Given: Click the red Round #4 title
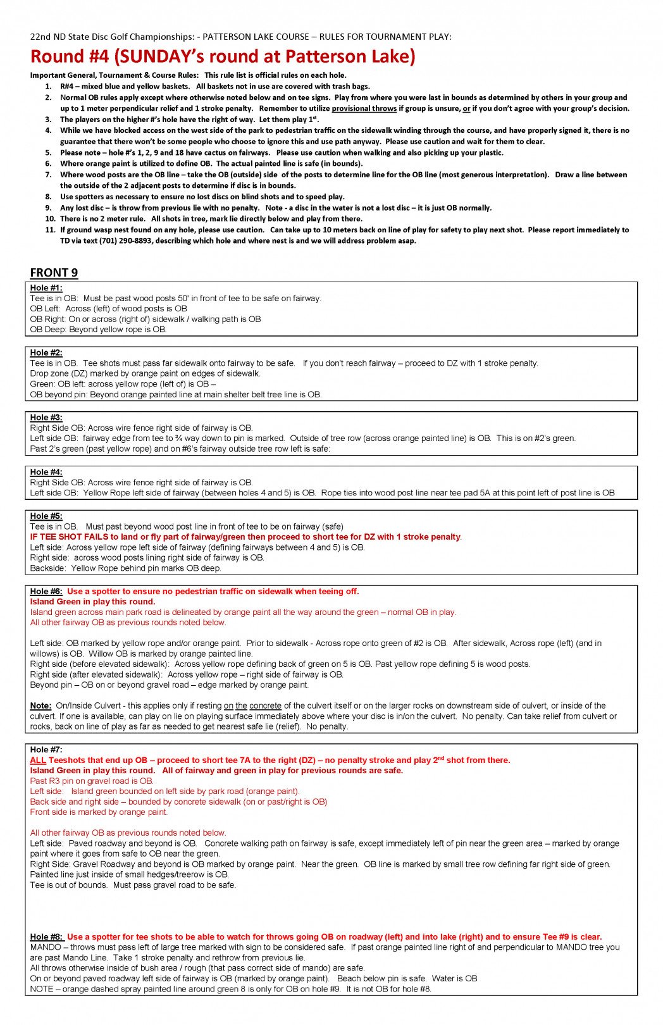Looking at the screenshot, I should point(223,56).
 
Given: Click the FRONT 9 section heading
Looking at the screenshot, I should point(54,273).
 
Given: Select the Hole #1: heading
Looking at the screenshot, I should point(46,288).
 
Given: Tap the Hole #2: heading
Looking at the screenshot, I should point(46,352).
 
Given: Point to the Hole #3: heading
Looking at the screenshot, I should point(46,418).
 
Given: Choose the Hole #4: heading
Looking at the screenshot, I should point(46,472).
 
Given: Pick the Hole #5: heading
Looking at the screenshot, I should point(46,516).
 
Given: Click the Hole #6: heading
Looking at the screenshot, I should point(46,592).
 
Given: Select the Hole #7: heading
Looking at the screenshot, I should point(46,750).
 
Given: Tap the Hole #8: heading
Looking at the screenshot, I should point(46,937).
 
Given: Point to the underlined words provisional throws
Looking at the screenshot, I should point(364,109).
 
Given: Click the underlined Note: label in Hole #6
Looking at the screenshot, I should point(40,705).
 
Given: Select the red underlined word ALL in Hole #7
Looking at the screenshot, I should point(38,761).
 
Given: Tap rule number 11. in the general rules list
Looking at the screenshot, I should point(50,230).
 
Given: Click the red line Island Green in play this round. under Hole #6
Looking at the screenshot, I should point(92,602).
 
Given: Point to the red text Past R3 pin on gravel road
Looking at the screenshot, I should point(92,781).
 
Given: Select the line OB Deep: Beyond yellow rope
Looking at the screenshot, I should point(98,330).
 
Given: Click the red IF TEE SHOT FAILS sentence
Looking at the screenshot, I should point(245,537).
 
